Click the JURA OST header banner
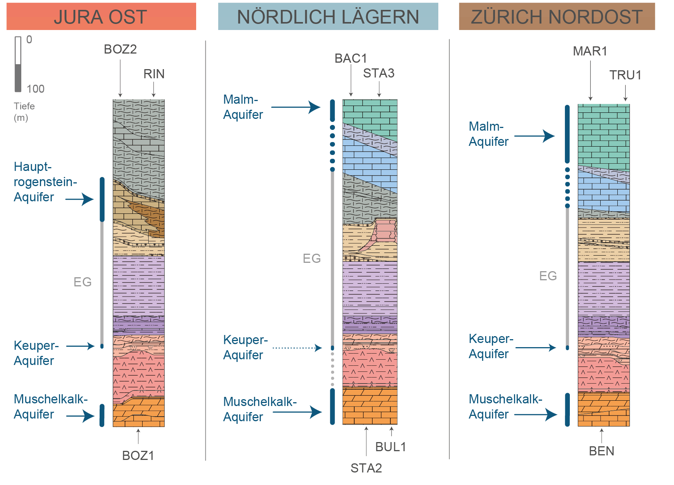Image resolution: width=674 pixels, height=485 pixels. [101, 17]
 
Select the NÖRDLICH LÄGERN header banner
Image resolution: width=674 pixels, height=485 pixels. [328, 17]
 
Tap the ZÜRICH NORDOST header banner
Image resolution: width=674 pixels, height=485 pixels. [557, 17]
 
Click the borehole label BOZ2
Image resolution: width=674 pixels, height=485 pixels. [120, 49]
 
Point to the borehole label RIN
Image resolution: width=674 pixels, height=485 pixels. [154, 74]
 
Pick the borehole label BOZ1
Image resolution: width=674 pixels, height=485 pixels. [138, 455]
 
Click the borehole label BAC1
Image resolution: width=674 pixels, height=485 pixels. [350, 58]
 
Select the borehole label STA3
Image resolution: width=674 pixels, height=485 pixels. [379, 73]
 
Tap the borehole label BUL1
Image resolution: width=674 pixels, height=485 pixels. [391, 447]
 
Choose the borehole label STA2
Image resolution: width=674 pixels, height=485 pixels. [366, 468]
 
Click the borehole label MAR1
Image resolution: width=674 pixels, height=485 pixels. [590, 51]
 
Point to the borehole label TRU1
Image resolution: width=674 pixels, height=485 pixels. [625, 75]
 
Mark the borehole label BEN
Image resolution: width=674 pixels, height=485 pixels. [601, 451]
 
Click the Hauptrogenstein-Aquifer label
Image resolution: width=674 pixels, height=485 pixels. [45, 182]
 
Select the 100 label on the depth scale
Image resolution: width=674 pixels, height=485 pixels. [35, 89]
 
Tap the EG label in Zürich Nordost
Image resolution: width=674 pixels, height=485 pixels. [548, 276]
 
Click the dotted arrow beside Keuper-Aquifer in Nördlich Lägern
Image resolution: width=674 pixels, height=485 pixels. [297, 348]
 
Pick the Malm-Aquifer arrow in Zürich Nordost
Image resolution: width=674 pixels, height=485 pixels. [534, 136]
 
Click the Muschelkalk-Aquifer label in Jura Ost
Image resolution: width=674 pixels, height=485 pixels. [50, 406]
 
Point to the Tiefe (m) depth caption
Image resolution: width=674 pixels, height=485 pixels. [24, 112]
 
